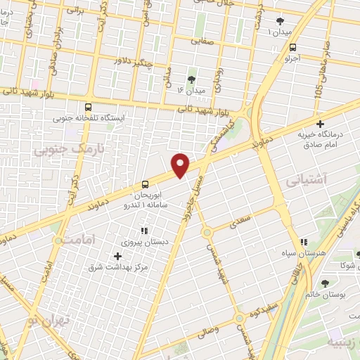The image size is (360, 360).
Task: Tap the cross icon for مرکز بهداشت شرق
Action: coord(117,255)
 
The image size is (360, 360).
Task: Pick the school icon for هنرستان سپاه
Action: coord(304,241)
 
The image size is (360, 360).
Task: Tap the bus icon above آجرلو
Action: coord(292,47)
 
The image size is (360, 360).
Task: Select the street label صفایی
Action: coord(205,41)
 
